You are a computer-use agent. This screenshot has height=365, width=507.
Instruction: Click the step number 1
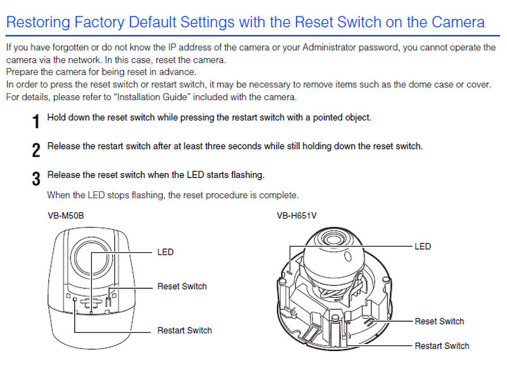pos(35,120)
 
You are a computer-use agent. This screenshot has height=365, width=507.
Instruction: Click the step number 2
pos(36,150)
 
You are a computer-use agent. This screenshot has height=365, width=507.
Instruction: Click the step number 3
pos(36,178)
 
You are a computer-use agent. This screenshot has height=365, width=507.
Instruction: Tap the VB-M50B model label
pos(66,216)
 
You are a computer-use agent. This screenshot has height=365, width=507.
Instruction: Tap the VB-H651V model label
pos(297,216)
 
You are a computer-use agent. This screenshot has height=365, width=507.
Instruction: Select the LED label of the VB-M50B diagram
pos(165,252)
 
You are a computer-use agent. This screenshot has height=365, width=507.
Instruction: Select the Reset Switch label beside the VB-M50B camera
pos(182,286)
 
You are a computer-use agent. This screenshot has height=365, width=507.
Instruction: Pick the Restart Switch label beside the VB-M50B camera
pos(184,330)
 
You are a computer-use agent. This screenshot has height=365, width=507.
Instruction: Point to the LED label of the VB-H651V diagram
pos(423,246)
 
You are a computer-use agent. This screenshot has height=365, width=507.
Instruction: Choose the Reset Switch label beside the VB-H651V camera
pos(439,321)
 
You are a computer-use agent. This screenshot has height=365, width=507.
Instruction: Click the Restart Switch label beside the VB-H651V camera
pos(442,345)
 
